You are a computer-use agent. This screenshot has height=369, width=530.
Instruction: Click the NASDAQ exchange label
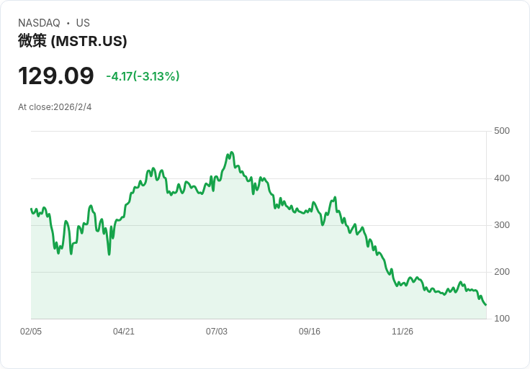click(39, 23)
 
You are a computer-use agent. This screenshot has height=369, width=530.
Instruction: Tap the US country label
click(83, 23)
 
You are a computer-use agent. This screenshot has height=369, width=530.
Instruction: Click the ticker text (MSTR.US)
click(89, 41)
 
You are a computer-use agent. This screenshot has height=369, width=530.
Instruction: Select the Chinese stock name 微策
click(32, 41)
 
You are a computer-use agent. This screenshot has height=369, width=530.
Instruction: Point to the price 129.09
click(56, 76)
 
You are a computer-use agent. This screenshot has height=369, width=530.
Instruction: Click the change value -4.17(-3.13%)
click(143, 76)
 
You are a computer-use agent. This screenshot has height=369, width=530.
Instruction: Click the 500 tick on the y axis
click(502, 131)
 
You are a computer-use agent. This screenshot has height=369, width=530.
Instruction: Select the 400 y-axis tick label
click(502, 178)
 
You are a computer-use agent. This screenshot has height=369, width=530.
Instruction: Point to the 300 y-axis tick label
click(502, 225)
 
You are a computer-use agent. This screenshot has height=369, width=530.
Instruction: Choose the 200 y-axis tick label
click(502, 272)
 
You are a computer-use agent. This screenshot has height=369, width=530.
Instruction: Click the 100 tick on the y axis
click(502, 319)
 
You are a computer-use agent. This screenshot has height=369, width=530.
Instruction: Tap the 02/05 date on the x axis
click(31, 332)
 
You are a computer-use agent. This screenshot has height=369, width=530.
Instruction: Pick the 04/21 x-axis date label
click(124, 332)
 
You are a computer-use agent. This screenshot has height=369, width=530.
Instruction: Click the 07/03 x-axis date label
click(217, 332)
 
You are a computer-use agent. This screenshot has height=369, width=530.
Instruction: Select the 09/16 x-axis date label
click(310, 332)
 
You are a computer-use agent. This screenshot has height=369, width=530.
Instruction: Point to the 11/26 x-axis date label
click(403, 332)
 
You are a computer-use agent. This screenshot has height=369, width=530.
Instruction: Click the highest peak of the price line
click(231, 152)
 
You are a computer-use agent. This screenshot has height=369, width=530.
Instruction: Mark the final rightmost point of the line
click(485, 305)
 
